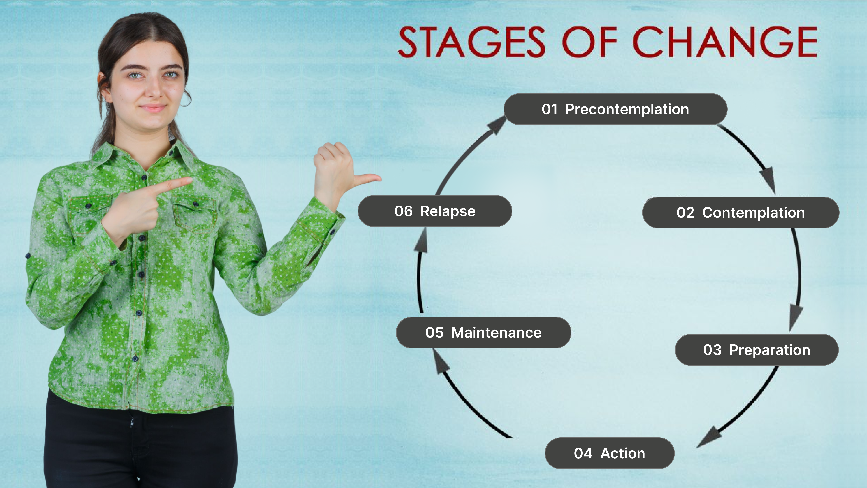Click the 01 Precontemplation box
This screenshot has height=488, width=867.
pos(615,109)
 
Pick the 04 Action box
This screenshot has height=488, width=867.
pos(610,453)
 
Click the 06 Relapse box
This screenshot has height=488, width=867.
pos(435,211)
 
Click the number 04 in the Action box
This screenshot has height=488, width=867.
pos(583,453)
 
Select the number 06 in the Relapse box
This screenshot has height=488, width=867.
pos(404,211)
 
